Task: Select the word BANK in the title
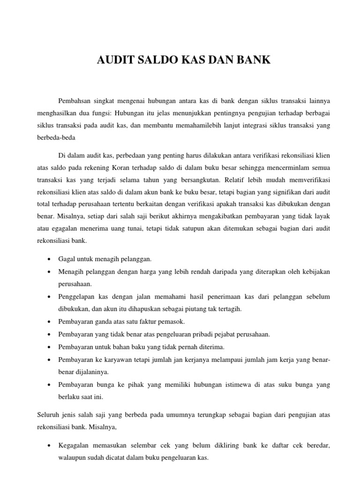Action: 254,60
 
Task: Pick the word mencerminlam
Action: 290,167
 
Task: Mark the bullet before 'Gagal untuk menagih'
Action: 50,259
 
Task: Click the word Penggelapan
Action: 76,297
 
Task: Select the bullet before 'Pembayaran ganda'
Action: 50,322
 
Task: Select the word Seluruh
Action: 47,415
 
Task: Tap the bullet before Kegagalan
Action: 50,446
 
